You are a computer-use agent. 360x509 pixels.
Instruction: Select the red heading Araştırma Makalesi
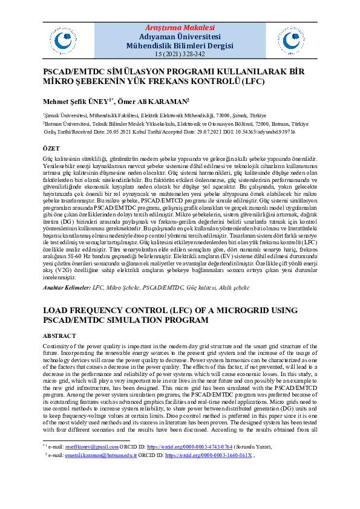click(180, 28)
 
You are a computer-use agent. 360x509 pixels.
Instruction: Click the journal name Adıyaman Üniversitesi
click(180, 36)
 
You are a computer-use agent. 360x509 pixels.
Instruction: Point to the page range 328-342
click(190, 54)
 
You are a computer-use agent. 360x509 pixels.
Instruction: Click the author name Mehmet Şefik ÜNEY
click(74, 101)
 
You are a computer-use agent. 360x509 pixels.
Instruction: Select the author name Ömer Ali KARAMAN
click(156, 101)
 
